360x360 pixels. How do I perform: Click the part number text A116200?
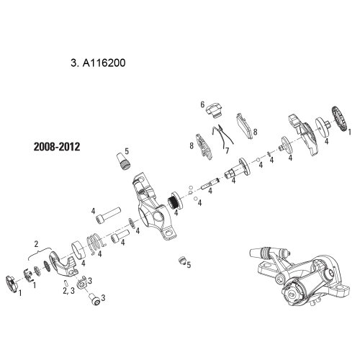pyautogui.click(x=104, y=63)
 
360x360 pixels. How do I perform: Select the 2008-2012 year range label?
pyautogui.click(x=57, y=147)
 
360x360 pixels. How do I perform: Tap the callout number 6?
pyautogui.click(x=202, y=104)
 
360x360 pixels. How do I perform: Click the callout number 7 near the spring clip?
pyautogui.click(x=227, y=150)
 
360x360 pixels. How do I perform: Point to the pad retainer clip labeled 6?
pyautogui.click(x=214, y=109)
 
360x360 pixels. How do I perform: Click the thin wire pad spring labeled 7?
pyautogui.click(x=222, y=137)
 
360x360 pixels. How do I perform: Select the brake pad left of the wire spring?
pyautogui.click(x=204, y=146)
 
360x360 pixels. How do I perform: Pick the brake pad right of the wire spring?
pyautogui.click(x=245, y=126)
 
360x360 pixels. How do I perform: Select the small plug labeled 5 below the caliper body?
pyautogui.click(x=183, y=261)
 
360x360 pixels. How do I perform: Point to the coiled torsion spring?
pyautogui.click(x=96, y=243)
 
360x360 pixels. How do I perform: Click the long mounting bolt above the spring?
pyautogui.click(x=108, y=216)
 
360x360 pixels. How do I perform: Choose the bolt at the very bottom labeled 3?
pyautogui.click(x=94, y=300)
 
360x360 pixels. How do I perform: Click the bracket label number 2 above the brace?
pyautogui.click(x=36, y=244)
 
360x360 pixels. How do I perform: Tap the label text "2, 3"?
pyautogui.click(x=69, y=290)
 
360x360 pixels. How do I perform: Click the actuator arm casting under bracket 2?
pyautogui.click(x=63, y=264)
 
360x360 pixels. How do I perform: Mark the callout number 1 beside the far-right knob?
pyautogui.click(x=349, y=132)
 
